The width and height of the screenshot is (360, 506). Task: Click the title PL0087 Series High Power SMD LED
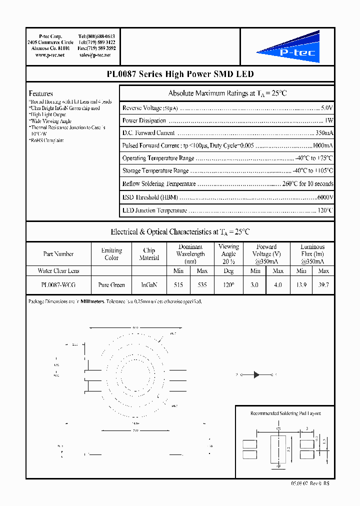[180, 74]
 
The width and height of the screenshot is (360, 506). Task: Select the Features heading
[41, 93]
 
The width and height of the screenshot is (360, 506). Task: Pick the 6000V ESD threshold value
[325, 197]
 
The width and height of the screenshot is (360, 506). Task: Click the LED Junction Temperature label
[154, 210]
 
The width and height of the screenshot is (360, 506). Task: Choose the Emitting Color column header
[111, 254]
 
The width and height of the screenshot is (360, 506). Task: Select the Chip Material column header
[149, 254]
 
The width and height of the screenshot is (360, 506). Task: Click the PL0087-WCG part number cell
[58, 284]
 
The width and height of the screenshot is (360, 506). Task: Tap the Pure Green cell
[111, 284]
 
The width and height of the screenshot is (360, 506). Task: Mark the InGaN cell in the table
[149, 284]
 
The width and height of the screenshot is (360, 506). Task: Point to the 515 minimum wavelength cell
[178, 284]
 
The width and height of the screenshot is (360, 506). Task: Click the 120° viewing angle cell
[228, 284]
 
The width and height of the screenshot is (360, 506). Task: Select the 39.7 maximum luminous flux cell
[323, 284]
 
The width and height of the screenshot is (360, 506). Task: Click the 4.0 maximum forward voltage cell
[278, 284]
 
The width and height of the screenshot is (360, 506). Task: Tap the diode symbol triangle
[256, 374]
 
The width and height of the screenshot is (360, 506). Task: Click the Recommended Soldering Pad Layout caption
[285, 413]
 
